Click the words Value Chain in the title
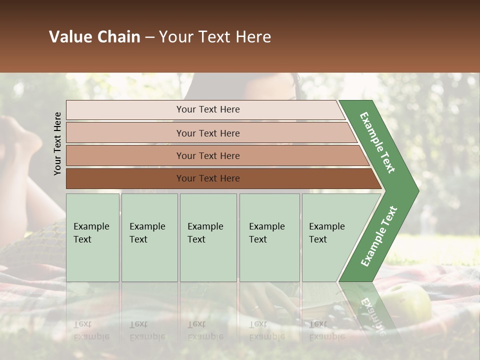94,37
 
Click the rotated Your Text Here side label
57,143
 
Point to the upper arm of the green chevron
378,142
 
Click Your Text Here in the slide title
215,37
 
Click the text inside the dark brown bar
208,178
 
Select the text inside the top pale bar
208,109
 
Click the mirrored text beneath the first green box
91,330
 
